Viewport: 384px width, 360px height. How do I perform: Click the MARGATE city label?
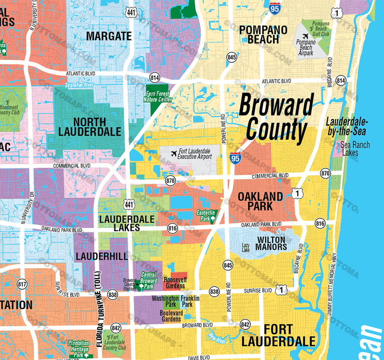pos(109,36)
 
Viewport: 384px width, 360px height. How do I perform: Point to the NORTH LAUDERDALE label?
pos(90,127)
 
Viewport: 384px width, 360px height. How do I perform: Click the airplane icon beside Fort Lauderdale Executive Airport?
pos(174,153)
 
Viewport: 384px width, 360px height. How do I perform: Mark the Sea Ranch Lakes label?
pos(355,149)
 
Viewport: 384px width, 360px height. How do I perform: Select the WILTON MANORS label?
pos(272,243)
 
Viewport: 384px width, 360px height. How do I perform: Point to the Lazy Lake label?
pos(245,248)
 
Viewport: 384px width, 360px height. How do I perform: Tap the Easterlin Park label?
pos(206,216)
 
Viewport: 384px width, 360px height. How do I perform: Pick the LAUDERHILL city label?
pos(101,256)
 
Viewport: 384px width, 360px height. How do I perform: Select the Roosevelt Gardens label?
pos(174,283)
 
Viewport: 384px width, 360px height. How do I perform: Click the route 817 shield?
pos(22,284)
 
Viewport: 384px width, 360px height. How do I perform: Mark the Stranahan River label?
pos(80,85)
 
